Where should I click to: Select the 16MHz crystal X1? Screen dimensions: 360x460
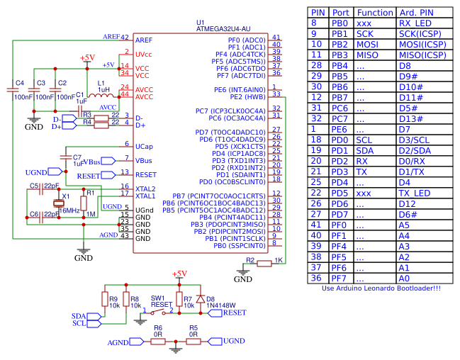[59, 202]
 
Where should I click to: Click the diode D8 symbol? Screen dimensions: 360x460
[201, 299]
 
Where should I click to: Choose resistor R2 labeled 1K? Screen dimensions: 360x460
[264, 264]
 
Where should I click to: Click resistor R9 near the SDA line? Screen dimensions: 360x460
[105, 299]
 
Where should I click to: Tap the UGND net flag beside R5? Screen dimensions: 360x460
[212, 342]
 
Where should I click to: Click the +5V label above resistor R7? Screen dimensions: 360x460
[179, 274]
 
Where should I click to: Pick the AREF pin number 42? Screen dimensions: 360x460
[125, 38]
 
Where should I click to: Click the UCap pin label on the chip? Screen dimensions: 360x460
[144, 146]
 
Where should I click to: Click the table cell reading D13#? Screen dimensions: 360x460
[411, 119]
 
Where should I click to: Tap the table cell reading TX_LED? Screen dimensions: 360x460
[415, 193]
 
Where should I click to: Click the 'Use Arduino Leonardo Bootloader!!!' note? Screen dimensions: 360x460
[381, 288]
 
